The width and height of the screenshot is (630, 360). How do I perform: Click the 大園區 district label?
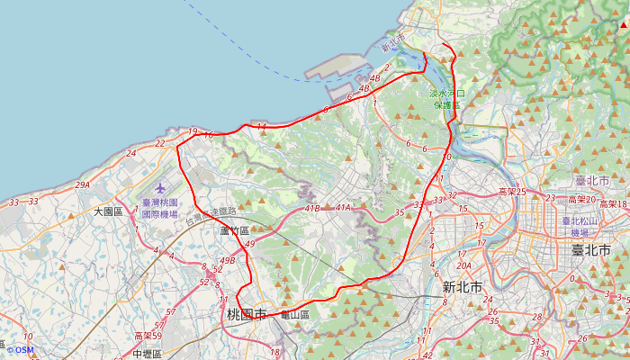click(x=107, y=211)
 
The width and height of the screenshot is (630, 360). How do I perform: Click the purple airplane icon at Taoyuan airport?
click(x=160, y=189)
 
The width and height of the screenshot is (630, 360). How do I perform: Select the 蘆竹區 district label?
click(x=234, y=230)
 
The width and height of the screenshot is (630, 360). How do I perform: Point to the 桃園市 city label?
click(x=247, y=315)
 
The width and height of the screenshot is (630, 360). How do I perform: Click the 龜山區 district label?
click(x=294, y=315)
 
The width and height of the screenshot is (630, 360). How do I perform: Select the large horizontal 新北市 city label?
click(x=462, y=288)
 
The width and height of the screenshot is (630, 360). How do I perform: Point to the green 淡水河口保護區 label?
click(x=446, y=98)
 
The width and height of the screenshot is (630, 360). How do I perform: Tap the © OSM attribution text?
click(x=20, y=350)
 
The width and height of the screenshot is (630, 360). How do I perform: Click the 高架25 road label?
click(x=512, y=193)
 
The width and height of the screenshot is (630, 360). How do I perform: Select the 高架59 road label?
click(x=148, y=336)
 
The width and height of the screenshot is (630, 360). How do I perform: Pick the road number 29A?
click(x=83, y=184)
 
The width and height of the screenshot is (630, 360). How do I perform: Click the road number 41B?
click(x=312, y=209)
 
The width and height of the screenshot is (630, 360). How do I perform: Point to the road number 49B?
click(x=227, y=261)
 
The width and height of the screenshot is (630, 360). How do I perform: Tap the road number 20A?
click(x=464, y=265)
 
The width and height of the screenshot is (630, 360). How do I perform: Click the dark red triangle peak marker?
click(x=624, y=26)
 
